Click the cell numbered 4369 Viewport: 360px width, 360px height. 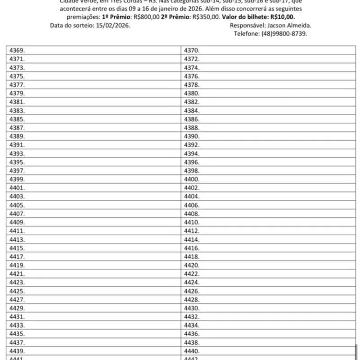(17, 50)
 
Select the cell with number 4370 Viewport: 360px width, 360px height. (192, 50)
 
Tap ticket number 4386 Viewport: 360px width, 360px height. (192, 119)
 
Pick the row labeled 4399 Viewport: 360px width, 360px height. (17, 179)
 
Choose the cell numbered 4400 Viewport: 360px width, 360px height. (192, 179)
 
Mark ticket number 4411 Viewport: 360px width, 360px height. (17, 231)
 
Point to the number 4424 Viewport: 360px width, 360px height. (192, 282)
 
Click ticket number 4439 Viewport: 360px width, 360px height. (17, 351)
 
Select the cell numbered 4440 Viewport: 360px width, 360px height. (192, 351)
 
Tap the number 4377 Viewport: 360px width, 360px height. (17, 85)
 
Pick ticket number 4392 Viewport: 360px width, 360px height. (192, 145)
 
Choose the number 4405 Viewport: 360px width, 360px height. (17, 205)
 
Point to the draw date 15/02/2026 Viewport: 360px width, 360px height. (113, 26)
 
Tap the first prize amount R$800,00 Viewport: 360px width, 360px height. (147, 18)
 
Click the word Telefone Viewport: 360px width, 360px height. (246, 34)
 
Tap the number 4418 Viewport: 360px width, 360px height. (192, 256)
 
